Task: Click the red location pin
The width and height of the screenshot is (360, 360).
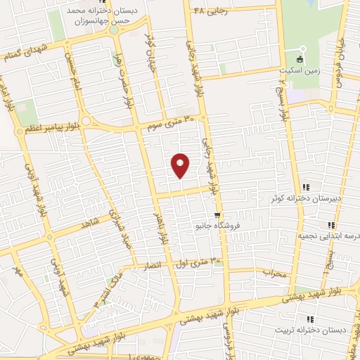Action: tap(181, 165)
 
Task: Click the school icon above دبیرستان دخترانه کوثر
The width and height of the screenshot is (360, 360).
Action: tap(305, 187)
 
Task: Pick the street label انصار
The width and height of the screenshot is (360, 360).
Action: tap(153, 266)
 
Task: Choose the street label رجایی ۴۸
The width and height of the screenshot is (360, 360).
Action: tap(211, 11)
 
